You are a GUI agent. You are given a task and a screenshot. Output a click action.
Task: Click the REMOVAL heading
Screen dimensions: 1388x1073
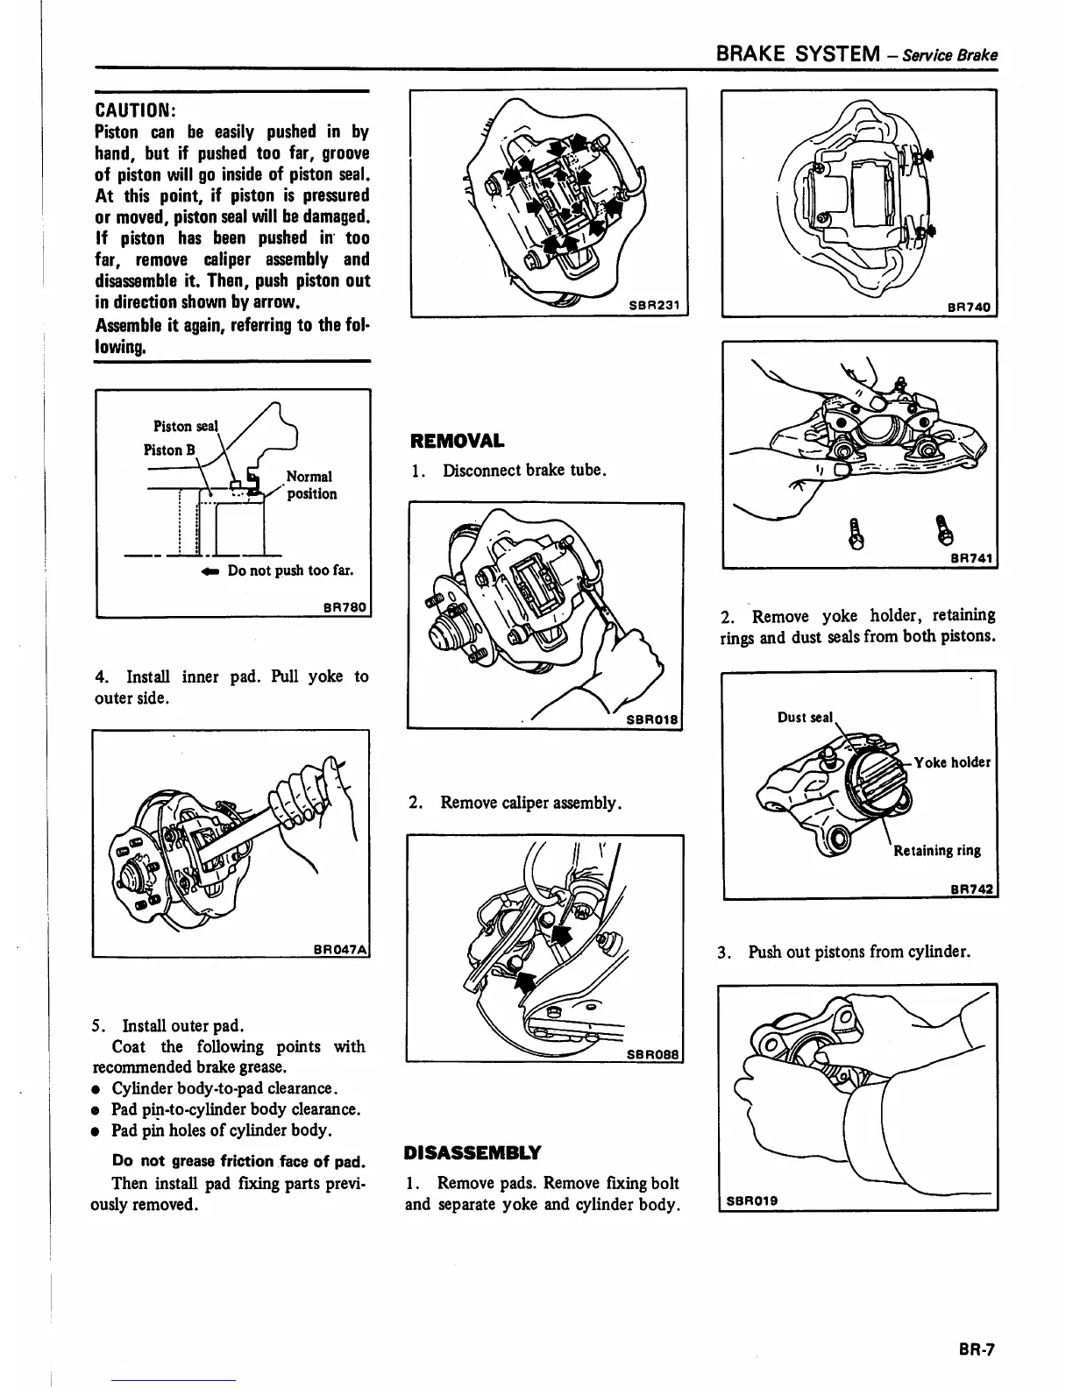(454, 440)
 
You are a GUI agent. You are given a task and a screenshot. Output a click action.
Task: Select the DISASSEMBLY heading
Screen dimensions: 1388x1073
(473, 1151)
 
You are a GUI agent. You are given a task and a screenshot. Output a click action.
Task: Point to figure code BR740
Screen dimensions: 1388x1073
(969, 307)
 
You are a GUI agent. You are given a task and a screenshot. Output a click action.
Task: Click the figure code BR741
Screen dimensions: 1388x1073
(970, 558)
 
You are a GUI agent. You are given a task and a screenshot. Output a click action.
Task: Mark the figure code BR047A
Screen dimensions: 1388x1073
(340, 948)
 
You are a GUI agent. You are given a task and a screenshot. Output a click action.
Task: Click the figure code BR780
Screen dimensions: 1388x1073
(345, 607)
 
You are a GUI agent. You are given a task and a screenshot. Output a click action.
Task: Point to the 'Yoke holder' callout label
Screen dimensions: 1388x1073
(952, 762)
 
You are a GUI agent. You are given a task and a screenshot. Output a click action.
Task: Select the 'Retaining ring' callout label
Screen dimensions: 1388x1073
(936, 850)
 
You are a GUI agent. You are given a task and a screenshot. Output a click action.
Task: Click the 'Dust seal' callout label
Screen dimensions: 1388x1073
(805, 718)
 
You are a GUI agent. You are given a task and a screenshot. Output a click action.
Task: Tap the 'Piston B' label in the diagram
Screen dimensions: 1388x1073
(163, 450)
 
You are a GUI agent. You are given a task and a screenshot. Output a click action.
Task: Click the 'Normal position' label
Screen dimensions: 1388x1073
(310, 485)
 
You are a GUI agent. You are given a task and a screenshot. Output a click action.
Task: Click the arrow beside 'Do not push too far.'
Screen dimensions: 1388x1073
(207, 570)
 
